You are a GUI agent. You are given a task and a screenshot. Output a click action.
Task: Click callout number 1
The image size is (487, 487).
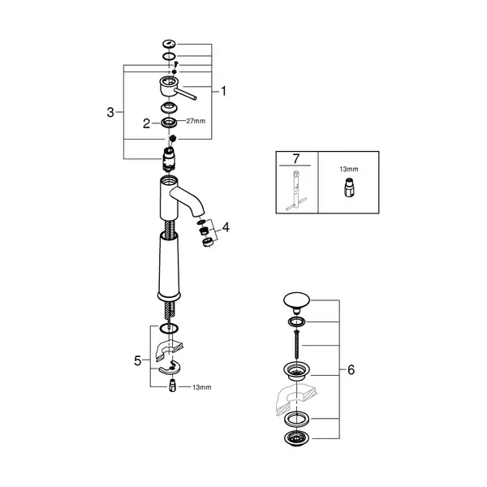point(224,91)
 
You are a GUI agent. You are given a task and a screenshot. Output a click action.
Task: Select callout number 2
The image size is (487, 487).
point(146,123)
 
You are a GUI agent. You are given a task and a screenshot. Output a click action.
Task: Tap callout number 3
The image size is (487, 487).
point(110,112)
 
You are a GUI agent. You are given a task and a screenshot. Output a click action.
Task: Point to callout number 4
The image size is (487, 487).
point(226,227)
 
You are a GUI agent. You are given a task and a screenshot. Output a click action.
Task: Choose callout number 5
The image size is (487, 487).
point(138,361)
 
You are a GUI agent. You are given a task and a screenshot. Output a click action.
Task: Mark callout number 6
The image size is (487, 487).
point(351,370)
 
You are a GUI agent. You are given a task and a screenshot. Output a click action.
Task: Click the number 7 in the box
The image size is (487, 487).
point(296,159)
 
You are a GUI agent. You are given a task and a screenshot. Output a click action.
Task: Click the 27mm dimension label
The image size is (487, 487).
point(196,121)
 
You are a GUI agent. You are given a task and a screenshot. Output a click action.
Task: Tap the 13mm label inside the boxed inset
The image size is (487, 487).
point(349,170)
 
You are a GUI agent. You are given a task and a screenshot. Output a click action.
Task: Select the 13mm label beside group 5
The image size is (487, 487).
point(202,387)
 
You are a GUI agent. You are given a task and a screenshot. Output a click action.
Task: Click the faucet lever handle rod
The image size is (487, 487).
point(185,94)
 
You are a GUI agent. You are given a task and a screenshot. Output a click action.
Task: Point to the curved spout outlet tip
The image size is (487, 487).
point(200,213)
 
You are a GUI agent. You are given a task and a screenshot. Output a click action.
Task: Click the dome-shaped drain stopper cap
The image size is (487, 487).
point(296,302)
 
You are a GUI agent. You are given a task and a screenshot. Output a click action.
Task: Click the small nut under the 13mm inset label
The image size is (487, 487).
point(349,187)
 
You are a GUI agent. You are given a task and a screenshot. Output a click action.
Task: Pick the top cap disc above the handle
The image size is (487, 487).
point(169,44)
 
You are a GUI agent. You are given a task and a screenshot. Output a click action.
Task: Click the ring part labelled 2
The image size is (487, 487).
point(169,123)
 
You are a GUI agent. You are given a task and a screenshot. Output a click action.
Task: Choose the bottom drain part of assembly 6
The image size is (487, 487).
point(296,438)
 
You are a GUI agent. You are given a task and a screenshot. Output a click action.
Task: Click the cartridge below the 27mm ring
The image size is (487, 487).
point(169,159)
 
